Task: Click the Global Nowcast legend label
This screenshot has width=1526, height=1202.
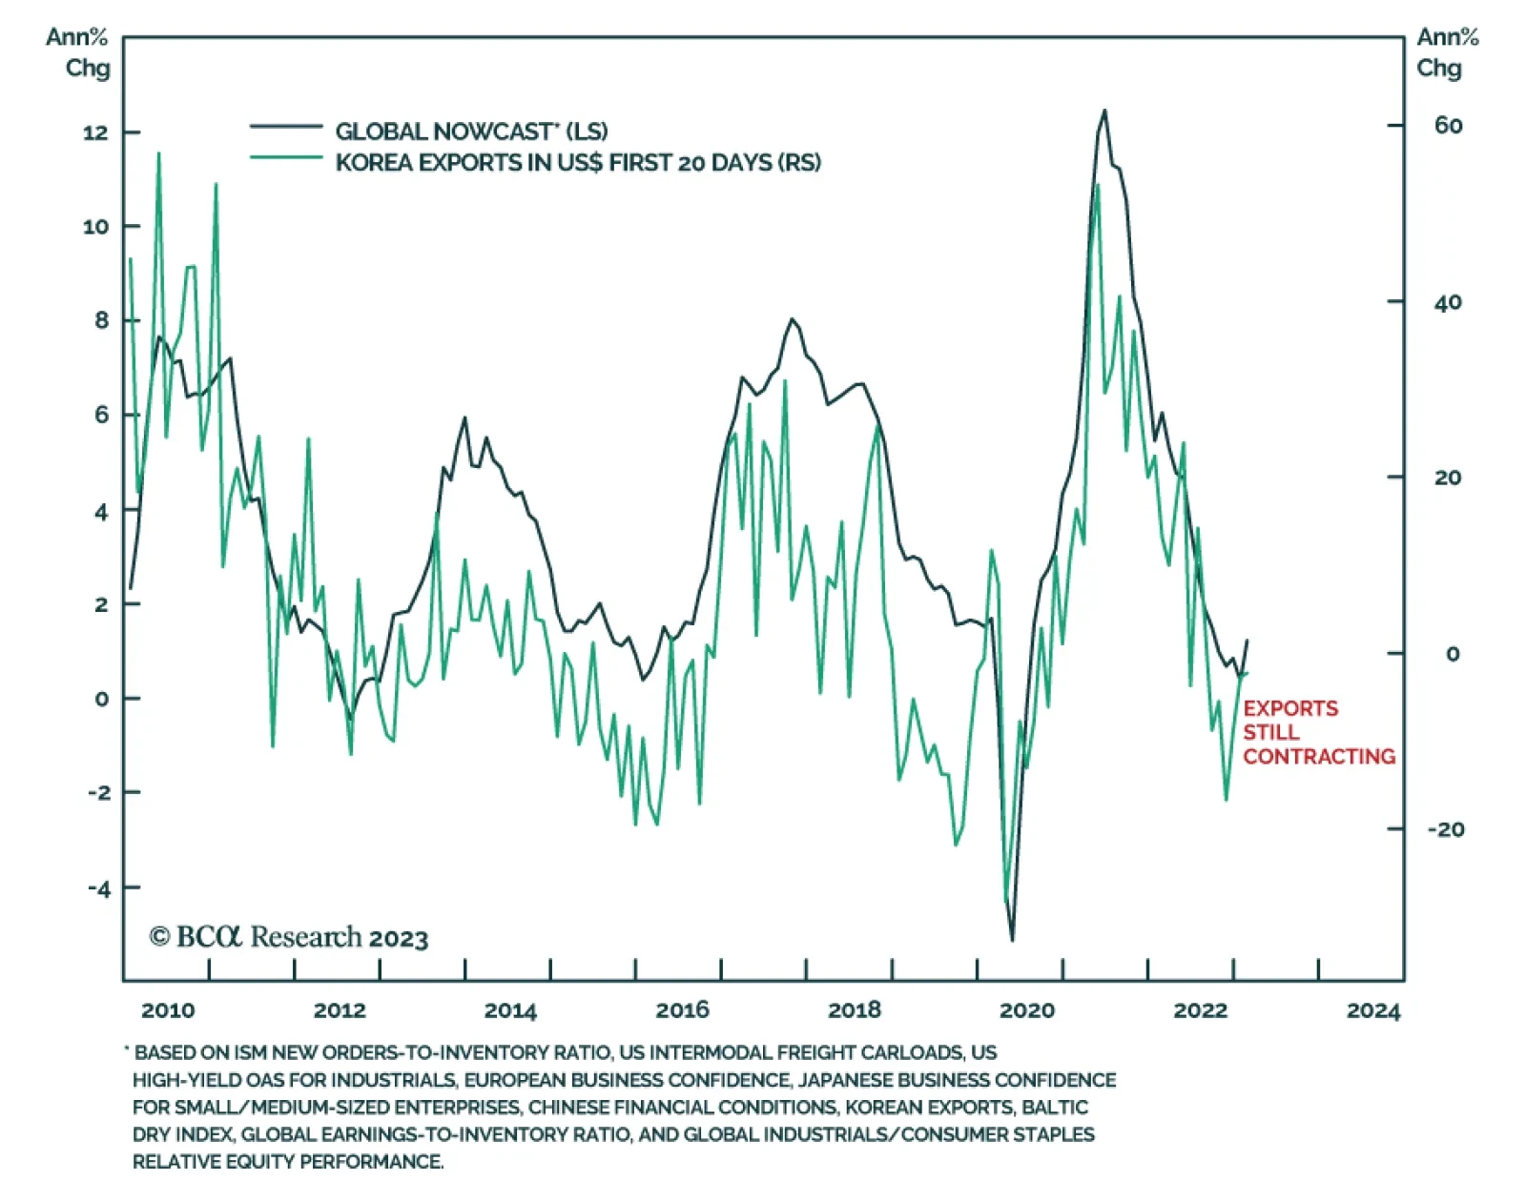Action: coord(471,132)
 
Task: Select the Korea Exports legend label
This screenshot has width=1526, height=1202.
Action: coord(577,163)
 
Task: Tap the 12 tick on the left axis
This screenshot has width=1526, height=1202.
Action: coord(95,132)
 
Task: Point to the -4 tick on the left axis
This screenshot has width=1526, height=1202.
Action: coord(99,888)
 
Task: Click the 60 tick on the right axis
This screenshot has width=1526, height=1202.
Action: coord(1448,126)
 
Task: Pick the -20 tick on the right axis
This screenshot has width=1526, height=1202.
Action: coord(1445,829)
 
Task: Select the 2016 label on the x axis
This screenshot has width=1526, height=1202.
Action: coord(682,1010)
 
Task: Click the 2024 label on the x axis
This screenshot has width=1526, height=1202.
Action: coord(1372,1010)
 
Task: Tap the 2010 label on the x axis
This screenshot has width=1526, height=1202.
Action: coord(168,1010)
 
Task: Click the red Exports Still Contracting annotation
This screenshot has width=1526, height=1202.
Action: coord(1318,732)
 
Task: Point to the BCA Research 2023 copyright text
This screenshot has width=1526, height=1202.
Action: coord(288,938)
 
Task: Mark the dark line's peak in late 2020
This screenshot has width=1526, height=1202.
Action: coord(1104,111)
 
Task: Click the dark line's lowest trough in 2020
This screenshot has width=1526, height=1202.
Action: coord(1012,941)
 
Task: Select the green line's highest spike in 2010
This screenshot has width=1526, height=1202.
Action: coord(158,153)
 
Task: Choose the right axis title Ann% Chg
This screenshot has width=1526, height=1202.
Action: coord(1446,52)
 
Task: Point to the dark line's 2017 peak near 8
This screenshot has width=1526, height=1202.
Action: coord(792,319)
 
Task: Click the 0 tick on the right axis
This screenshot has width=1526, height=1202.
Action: coord(1452,654)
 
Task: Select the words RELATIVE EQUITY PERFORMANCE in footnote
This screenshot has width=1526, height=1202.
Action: coord(287,1162)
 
